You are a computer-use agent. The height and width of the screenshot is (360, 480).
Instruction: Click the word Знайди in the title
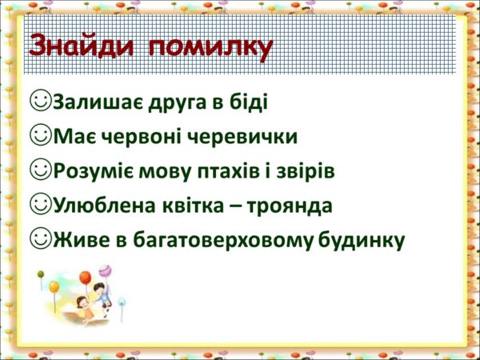tap(82, 46)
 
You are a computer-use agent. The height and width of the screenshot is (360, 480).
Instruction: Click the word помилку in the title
tap(211, 49)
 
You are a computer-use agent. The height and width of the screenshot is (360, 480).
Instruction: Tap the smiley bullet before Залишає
tap(41, 100)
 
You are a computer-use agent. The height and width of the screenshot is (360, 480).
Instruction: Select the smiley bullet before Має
tap(41, 134)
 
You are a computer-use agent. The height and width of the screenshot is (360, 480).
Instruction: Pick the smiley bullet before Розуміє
tap(41, 169)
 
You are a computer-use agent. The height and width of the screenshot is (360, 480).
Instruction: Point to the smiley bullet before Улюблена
tap(41, 203)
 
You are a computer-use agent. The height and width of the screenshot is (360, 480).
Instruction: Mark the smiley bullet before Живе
tap(41, 238)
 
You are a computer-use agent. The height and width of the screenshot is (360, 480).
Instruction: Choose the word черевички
tap(242, 138)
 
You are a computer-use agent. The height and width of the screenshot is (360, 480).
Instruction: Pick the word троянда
tap(289, 207)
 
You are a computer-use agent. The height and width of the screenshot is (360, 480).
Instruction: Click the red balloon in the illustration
tap(85, 278)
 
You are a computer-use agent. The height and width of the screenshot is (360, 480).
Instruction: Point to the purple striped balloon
tap(105, 271)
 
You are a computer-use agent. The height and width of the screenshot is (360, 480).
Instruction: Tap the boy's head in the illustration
tap(98, 288)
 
